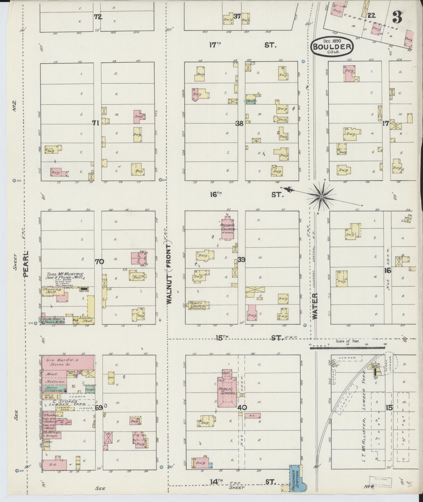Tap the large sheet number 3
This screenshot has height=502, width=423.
click(398, 18)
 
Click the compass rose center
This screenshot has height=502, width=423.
click(321, 197)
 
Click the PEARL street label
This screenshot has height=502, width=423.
click(26, 263)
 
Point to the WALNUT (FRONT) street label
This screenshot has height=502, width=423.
click(169, 273)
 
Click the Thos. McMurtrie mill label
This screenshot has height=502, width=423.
click(65, 275)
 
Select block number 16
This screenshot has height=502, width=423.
click(388, 270)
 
